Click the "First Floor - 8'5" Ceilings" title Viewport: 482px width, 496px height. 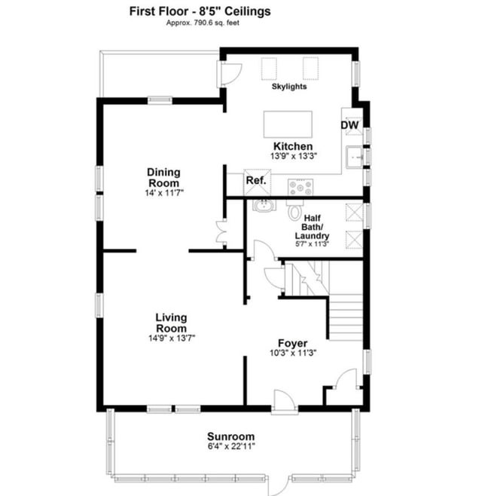pyautogui.click(x=200, y=11)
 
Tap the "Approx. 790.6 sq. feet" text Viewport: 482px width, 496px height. pyautogui.click(x=203, y=23)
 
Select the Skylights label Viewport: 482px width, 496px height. pyautogui.click(x=289, y=87)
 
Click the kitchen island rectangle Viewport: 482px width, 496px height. pyautogui.click(x=288, y=124)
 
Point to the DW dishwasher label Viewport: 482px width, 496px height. pyautogui.click(x=350, y=125)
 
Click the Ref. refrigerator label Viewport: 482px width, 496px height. pyautogui.click(x=256, y=180)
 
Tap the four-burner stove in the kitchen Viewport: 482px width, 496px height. pyautogui.click(x=300, y=187)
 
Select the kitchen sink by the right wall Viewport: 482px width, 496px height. pyautogui.click(x=354, y=157)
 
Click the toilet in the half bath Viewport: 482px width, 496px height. pyautogui.click(x=295, y=210)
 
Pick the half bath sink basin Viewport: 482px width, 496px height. pyautogui.click(x=264, y=206)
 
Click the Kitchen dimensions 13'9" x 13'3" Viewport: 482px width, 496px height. pyautogui.click(x=294, y=156)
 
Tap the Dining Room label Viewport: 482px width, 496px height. pyautogui.click(x=163, y=177)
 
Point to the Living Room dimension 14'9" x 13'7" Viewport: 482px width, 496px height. pyautogui.click(x=172, y=338)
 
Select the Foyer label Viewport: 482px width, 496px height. pyautogui.click(x=293, y=343)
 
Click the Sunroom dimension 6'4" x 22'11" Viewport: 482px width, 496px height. pyautogui.click(x=231, y=446)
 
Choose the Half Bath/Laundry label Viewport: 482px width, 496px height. pyautogui.click(x=313, y=227)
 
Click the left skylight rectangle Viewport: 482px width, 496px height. pyautogui.click(x=270, y=69)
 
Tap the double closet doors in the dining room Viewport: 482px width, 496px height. pyautogui.click(x=220, y=232)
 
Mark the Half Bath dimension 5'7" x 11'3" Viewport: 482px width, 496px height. pyautogui.click(x=313, y=244)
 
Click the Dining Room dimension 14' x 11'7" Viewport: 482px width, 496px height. pyautogui.click(x=164, y=193)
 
